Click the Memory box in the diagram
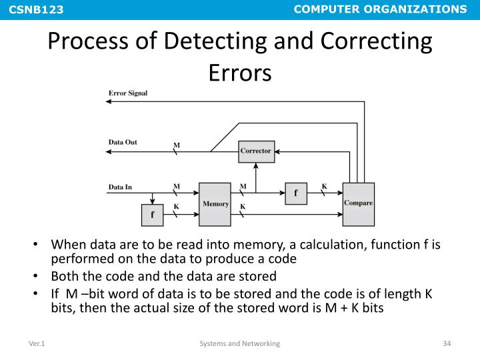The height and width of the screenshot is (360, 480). point(215,203)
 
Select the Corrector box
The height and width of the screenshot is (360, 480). point(256,151)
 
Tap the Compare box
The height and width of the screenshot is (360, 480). point(358,203)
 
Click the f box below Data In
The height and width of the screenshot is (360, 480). point(152,215)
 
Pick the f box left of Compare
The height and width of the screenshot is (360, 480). point(295,193)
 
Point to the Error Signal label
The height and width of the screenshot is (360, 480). point(128,93)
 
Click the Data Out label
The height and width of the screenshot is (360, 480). point(123,142)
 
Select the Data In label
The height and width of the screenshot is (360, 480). point(121,187)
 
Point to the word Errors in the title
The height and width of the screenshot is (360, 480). point(240,72)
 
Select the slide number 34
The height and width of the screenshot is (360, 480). point(447,343)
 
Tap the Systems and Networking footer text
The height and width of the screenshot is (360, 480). point(240,343)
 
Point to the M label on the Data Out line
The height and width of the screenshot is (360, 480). point(177,145)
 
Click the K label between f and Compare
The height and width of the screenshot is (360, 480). point(325,186)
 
